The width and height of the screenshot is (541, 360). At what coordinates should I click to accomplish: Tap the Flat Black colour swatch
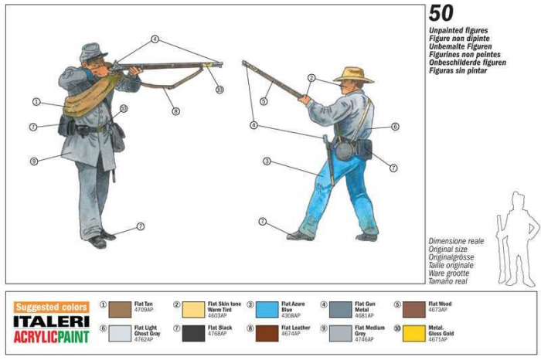[x=194, y=334]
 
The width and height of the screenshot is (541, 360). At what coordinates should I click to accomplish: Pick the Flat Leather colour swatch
[x=267, y=334]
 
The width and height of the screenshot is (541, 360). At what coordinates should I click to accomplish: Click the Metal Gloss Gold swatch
[x=413, y=334]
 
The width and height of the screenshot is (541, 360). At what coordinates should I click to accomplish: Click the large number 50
[x=441, y=12]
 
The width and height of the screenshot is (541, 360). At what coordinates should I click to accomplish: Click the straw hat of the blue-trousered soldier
[x=353, y=74]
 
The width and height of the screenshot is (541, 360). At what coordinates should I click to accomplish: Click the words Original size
[x=447, y=250]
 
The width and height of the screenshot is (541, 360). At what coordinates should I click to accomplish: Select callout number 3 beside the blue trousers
[x=267, y=161]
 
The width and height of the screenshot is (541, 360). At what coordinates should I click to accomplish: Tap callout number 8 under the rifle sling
[x=176, y=111]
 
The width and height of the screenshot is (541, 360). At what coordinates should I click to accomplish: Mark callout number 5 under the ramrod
[x=264, y=100]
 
